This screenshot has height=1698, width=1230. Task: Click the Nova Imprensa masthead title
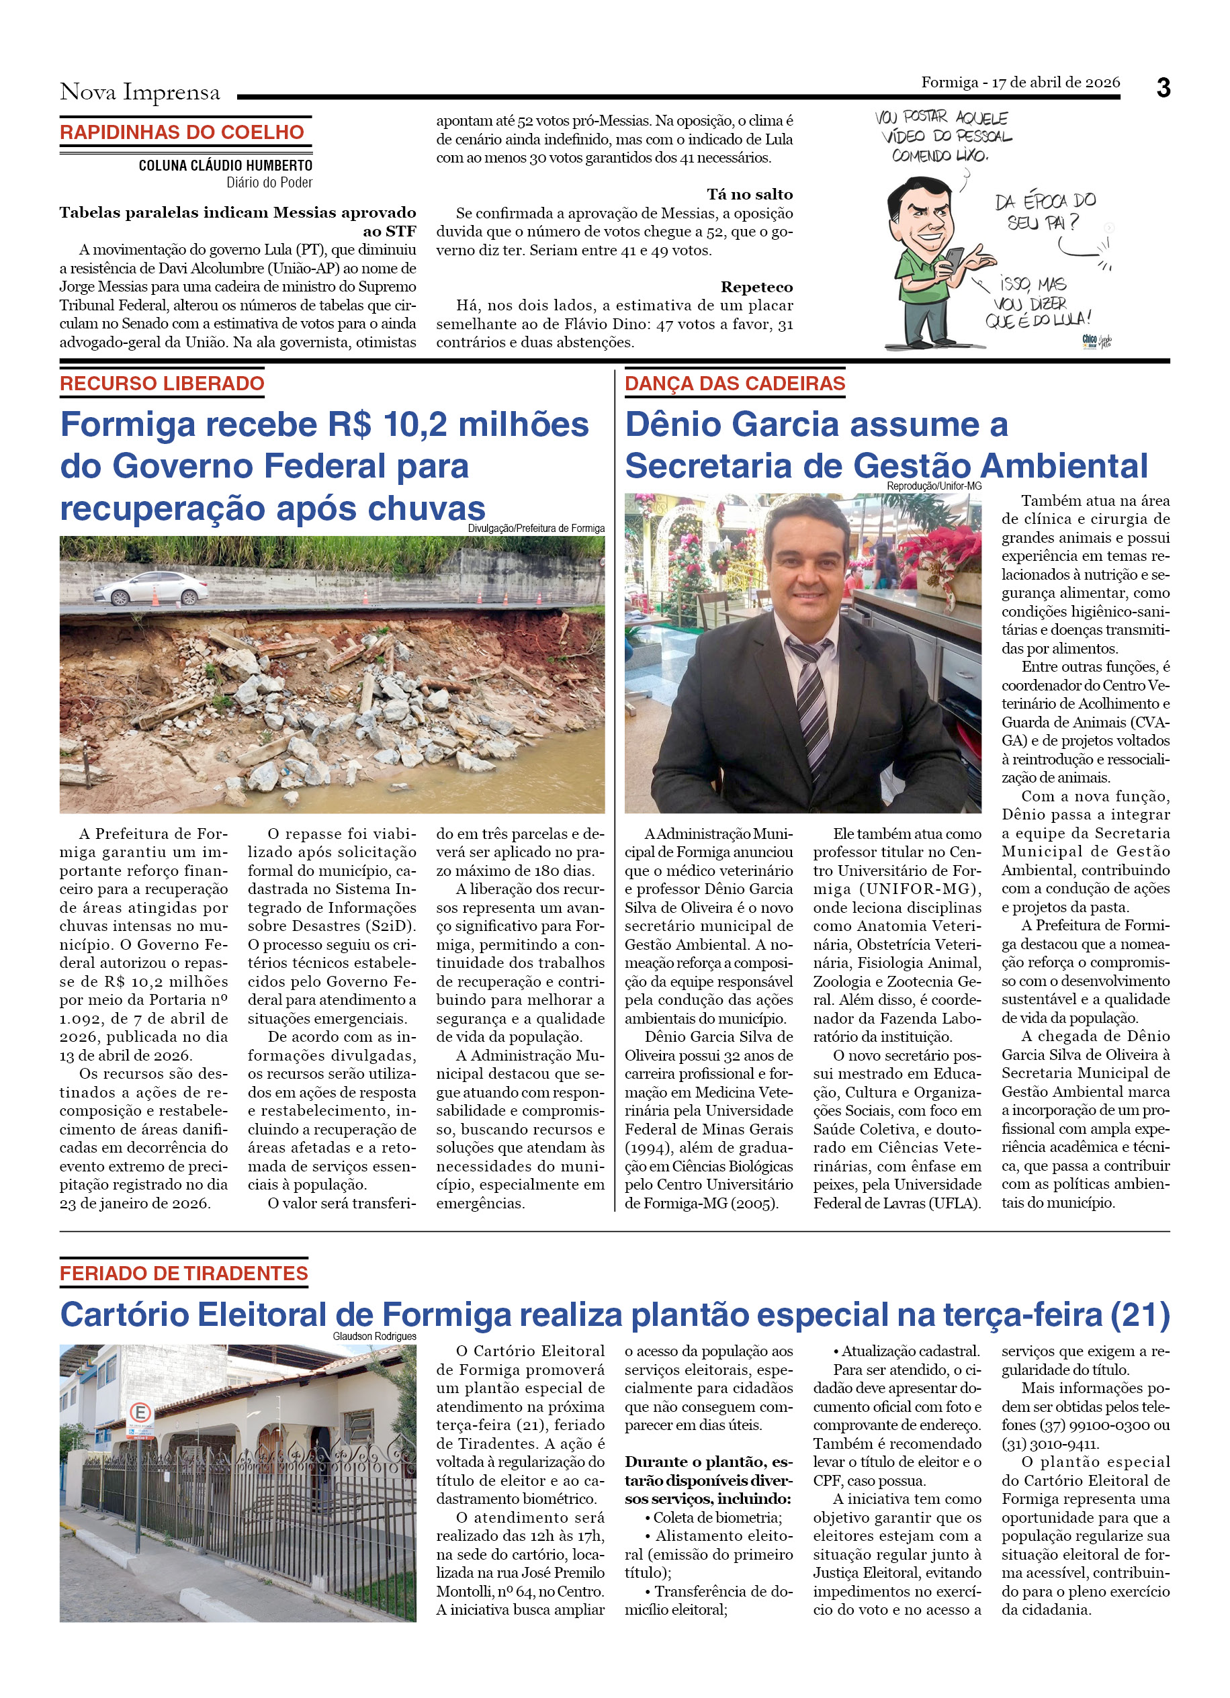click(x=140, y=92)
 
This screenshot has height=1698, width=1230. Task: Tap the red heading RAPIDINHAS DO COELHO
click(x=182, y=132)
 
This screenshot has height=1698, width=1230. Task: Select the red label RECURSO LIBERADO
click(x=162, y=384)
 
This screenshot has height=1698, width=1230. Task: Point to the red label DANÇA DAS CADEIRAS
click(x=734, y=384)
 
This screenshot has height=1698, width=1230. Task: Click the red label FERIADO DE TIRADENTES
click(x=183, y=1273)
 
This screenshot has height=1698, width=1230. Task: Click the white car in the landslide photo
click(x=150, y=588)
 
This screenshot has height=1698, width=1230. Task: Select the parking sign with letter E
click(x=141, y=1413)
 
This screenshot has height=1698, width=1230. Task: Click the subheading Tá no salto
click(x=750, y=195)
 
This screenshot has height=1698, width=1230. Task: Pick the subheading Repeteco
click(x=756, y=287)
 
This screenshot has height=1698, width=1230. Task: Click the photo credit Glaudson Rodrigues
click(x=374, y=1337)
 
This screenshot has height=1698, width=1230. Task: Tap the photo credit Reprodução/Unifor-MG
click(x=934, y=486)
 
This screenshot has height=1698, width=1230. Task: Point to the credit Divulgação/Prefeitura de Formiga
click(x=536, y=529)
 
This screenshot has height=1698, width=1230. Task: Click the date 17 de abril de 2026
click(x=1055, y=83)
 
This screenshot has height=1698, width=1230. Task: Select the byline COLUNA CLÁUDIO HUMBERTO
click(x=225, y=165)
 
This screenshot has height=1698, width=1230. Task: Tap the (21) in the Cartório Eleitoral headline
click(x=1139, y=1314)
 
